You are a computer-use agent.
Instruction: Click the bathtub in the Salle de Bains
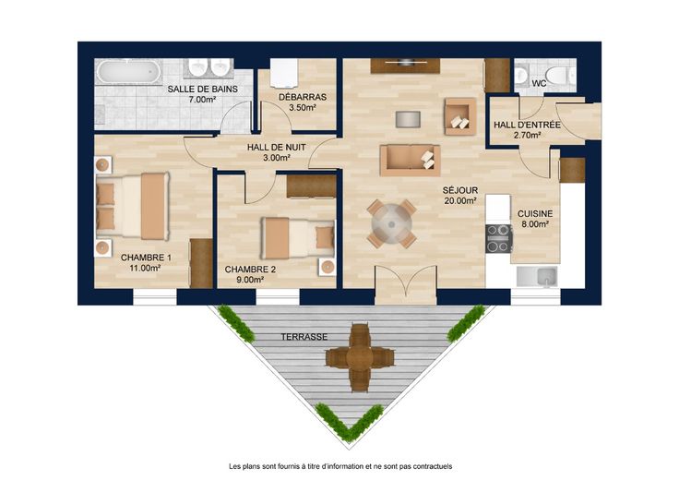click(x=128, y=72)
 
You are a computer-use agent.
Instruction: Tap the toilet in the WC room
click(x=560, y=76)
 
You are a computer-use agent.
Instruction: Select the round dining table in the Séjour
click(x=391, y=224)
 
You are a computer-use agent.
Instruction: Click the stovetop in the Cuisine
click(x=498, y=238)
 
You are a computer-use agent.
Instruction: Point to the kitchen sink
click(x=537, y=277)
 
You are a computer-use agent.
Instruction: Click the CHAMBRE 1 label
click(x=146, y=258)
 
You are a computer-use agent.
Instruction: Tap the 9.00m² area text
click(x=250, y=280)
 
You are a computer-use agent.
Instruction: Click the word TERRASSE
click(x=304, y=337)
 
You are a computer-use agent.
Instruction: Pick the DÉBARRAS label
click(x=303, y=98)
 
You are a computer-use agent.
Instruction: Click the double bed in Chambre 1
click(x=132, y=206)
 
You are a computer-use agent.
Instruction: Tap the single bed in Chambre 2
click(x=297, y=238)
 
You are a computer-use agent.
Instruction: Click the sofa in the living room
click(x=411, y=161)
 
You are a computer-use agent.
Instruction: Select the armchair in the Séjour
click(x=460, y=116)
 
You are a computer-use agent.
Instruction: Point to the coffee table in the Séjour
click(x=408, y=119)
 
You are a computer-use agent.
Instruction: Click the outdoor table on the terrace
click(x=360, y=357)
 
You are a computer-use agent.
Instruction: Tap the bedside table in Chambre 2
click(x=328, y=267)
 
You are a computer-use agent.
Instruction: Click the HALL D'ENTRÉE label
click(x=527, y=126)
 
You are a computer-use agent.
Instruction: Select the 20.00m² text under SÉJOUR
click(x=460, y=200)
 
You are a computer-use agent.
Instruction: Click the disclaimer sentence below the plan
click(x=340, y=466)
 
